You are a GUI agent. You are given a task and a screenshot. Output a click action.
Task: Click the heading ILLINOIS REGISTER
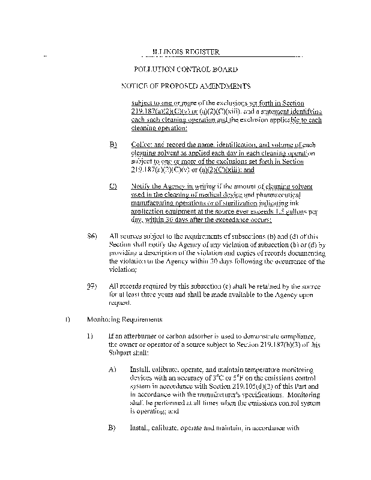click(x=185, y=53)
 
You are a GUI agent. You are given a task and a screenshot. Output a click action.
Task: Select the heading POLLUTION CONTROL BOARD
click(x=186, y=70)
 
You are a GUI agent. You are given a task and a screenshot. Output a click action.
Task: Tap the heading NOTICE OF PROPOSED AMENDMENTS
click(x=185, y=86)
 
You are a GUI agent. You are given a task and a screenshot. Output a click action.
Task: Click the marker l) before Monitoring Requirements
click(x=68, y=319)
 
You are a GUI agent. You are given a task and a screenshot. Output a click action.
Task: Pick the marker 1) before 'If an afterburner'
click(x=91, y=336)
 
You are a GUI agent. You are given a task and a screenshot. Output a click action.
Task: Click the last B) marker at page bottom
click(x=112, y=428)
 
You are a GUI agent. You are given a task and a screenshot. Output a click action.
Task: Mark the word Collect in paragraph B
click(x=142, y=145)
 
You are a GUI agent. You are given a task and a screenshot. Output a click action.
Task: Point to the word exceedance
click(x=230, y=220)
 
